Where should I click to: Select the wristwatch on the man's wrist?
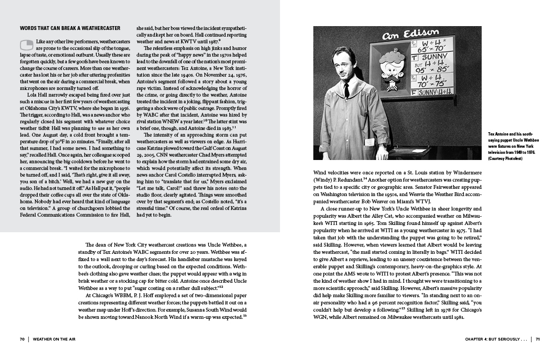pyautogui.click(x=383, y=146)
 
